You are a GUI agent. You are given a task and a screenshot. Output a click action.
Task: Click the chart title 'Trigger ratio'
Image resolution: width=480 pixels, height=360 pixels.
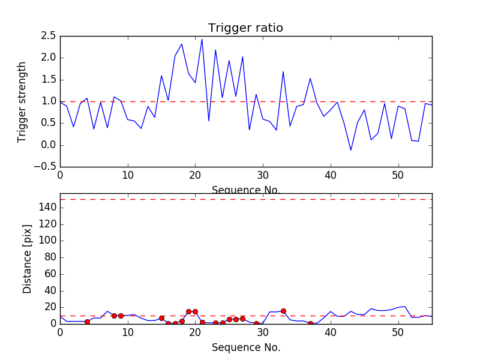(x=245, y=28)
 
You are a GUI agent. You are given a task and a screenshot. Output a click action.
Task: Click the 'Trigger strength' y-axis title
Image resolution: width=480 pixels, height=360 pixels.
(x=22, y=101)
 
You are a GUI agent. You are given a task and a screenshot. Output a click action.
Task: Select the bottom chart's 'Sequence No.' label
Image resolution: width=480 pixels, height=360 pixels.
(x=245, y=347)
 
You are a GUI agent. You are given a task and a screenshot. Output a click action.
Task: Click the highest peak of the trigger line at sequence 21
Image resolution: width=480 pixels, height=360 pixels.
(x=202, y=39)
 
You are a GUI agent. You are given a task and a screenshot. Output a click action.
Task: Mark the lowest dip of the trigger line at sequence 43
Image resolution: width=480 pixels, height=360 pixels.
(x=350, y=150)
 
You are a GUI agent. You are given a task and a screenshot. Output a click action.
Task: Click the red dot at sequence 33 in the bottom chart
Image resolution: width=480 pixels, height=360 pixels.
(x=283, y=311)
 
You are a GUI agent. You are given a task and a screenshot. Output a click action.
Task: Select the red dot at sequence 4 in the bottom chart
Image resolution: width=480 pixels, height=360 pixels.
(x=87, y=322)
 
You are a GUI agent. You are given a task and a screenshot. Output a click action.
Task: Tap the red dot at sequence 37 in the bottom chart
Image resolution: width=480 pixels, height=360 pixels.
(x=310, y=323)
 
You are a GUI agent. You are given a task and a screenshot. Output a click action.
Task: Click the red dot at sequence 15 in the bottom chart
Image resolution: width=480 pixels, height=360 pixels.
(x=161, y=318)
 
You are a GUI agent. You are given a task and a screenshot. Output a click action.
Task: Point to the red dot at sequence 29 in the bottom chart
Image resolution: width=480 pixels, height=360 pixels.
(x=256, y=323)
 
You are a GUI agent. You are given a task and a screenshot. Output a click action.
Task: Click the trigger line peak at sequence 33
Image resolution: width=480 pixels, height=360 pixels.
(x=283, y=71)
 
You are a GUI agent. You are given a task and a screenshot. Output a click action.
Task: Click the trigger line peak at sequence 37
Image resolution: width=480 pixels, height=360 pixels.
(x=310, y=78)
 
